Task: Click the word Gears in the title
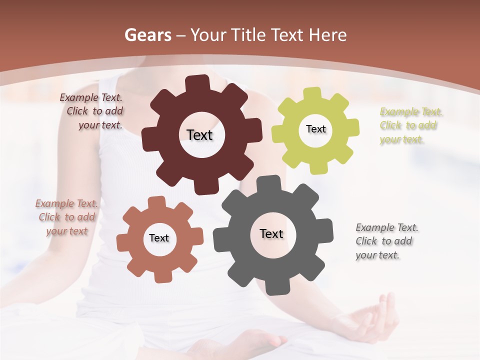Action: coord(147,35)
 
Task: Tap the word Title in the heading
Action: coord(248,35)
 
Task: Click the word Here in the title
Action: coord(328,35)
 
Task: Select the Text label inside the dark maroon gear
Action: coord(199,135)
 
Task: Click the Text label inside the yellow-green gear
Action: coord(315,129)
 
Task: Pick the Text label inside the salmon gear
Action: coord(159,238)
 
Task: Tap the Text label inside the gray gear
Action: coord(271,233)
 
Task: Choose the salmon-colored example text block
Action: coord(66,217)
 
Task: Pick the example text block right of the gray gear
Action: coord(387,241)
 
